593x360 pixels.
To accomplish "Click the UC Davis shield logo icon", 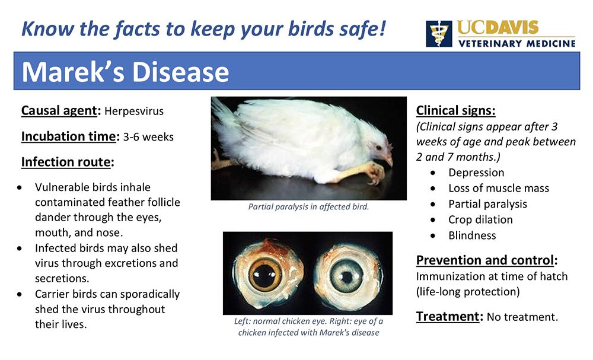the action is pos(439,34).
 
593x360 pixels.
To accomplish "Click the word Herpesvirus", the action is pos(134,111).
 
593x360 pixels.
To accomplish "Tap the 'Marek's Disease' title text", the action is pos(125,72).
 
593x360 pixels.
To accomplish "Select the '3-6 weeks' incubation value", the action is pos(148,137).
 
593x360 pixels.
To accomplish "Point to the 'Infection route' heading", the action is pos(66,162).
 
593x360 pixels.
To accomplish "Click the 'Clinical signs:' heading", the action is pos(455,110).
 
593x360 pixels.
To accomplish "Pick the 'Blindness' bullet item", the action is pos(472,235).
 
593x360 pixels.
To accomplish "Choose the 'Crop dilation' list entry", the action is pos(480,219).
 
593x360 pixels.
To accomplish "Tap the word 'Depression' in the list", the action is pos(476,173).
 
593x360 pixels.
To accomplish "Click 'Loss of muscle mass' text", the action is pos(499,189).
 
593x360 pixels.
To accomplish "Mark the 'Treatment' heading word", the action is pos(448,317).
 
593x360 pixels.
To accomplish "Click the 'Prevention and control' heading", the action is pos(485,260).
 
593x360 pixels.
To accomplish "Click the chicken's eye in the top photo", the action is pos(378,147).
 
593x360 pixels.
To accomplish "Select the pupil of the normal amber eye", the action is pos(265,273).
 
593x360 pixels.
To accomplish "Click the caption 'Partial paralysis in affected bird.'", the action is pos(308,207).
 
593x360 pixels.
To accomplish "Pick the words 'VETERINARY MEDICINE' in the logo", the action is pos(517,43).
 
